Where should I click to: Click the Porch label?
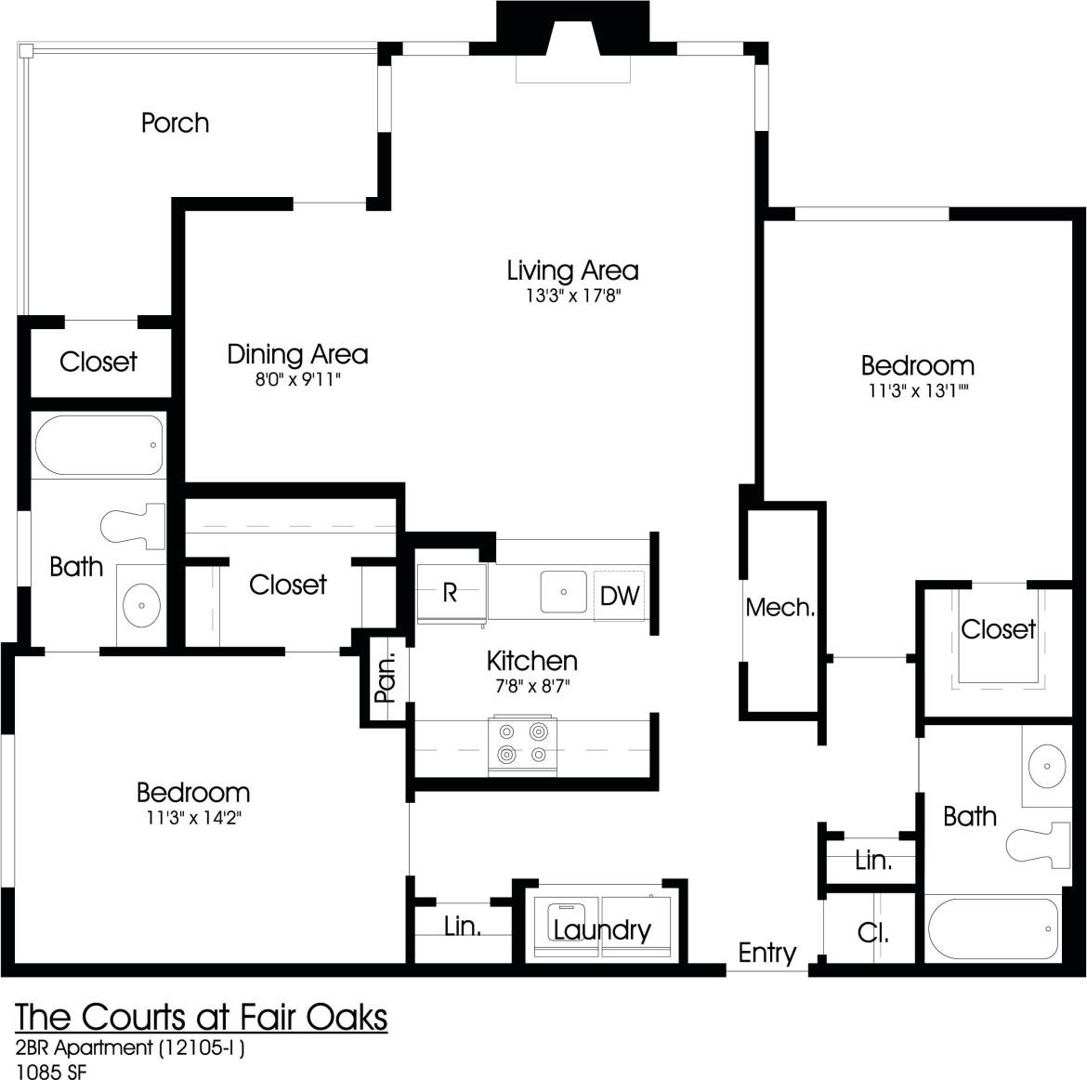pos(175,123)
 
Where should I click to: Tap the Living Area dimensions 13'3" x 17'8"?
pos(572,296)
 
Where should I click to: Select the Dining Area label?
pos(297,354)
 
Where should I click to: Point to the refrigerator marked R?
pos(450,593)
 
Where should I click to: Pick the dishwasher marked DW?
pos(619,595)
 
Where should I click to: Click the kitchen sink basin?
pos(563,592)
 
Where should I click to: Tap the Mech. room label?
pos(779,608)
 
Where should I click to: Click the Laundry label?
pos(602,929)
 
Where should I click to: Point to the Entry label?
pos(766,953)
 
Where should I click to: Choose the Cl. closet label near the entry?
pos(872,932)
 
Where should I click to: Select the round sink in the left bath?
pos(141,605)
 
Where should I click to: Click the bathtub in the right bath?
pos(992,929)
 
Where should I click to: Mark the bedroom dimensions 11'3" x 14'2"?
pos(193,818)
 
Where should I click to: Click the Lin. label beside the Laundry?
pos(462,926)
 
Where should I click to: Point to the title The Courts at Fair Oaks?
pos(202,1017)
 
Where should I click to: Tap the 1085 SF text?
pos(52,1070)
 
